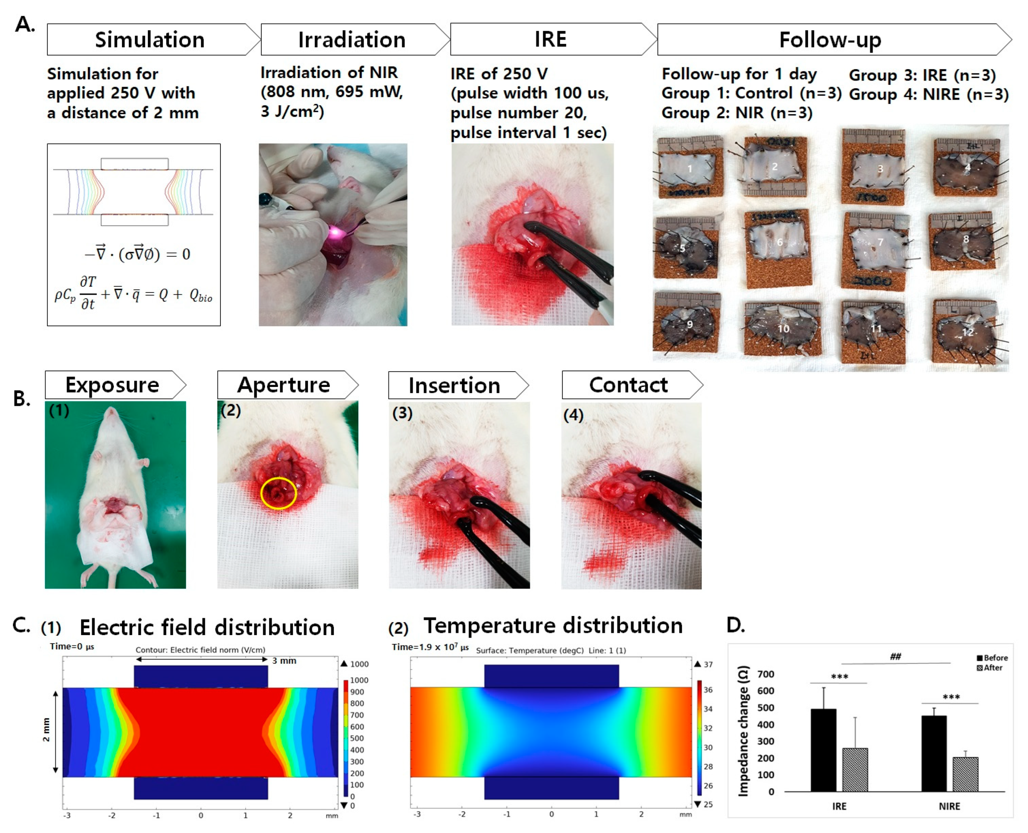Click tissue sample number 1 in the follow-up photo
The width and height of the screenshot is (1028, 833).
[x=690, y=169]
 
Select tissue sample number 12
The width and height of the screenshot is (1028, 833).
[x=967, y=332]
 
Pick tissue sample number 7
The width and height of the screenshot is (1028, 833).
[x=880, y=242]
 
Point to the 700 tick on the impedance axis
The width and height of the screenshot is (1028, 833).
[x=766, y=674]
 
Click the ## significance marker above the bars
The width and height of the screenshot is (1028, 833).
[x=895, y=656]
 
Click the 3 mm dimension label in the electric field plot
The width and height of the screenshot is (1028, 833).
[x=284, y=661]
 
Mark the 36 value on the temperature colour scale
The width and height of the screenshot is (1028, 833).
[x=708, y=690]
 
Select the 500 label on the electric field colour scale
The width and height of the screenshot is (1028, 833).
[x=357, y=738]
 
